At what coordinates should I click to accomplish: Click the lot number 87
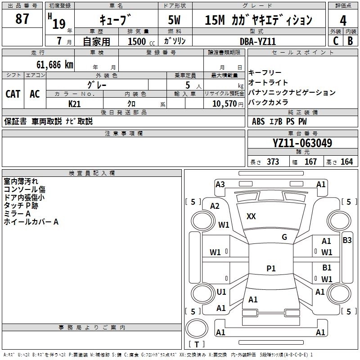point(22,18)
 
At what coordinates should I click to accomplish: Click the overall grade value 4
point(343,20)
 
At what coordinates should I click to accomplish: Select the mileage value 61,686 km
point(55,65)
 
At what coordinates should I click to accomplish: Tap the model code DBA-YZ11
point(257,41)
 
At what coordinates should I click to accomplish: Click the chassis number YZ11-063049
point(302,143)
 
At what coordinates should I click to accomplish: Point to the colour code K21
point(74,104)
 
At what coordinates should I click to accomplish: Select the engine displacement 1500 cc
point(141,41)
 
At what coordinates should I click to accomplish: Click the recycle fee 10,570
point(224,104)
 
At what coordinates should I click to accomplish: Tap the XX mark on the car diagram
point(251,216)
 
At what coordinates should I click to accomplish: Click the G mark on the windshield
point(284,237)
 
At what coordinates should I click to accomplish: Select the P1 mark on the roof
point(271,268)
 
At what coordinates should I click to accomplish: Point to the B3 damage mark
point(347,240)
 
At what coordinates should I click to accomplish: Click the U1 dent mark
point(221,292)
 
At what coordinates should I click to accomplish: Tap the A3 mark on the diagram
point(220,184)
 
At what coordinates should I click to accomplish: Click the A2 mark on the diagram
point(215,206)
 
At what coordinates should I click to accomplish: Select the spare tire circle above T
point(197,328)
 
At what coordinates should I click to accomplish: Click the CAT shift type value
point(13,94)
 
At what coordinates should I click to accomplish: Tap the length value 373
point(273,162)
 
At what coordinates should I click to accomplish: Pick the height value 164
point(346,162)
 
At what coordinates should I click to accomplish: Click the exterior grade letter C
point(336,41)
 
